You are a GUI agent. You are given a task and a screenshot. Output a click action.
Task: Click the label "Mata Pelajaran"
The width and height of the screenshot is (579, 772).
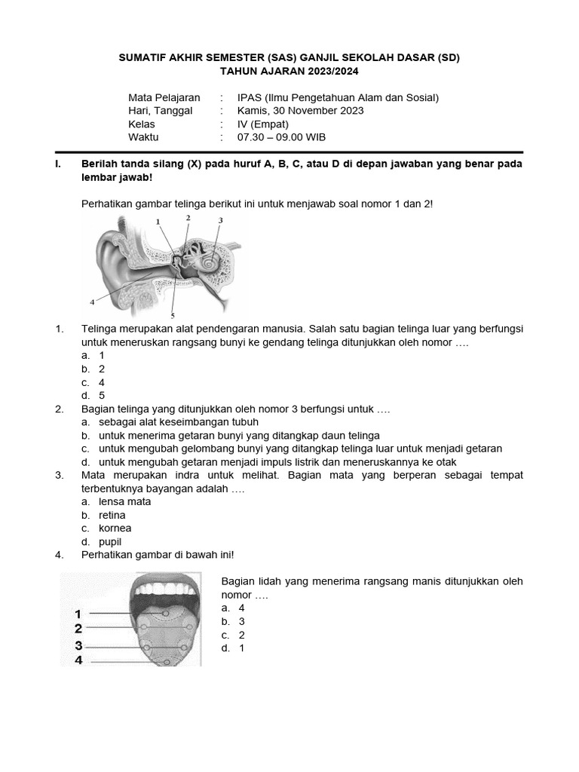click(x=164, y=97)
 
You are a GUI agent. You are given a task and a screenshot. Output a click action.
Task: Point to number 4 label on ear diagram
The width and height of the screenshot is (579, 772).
click(x=92, y=301)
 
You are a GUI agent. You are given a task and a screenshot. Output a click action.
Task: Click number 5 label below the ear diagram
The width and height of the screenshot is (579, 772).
click(x=173, y=315)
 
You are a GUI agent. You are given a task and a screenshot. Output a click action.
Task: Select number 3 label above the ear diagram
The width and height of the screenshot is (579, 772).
click(x=220, y=220)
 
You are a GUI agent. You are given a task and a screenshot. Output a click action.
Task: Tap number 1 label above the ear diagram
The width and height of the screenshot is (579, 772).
click(x=158, y=222)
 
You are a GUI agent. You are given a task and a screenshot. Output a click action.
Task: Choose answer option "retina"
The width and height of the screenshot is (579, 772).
click(x=112, y=515)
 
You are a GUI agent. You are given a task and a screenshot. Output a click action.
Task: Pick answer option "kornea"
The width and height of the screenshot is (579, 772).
click(x=115, y=528)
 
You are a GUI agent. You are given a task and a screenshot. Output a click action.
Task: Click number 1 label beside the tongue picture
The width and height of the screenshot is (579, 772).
click(x=78, y=614)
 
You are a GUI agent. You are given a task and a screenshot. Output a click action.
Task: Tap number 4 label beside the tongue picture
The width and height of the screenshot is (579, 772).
click(x=78, y=660)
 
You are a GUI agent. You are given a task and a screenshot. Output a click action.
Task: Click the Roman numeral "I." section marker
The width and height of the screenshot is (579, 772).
click(x=59, y=164)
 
